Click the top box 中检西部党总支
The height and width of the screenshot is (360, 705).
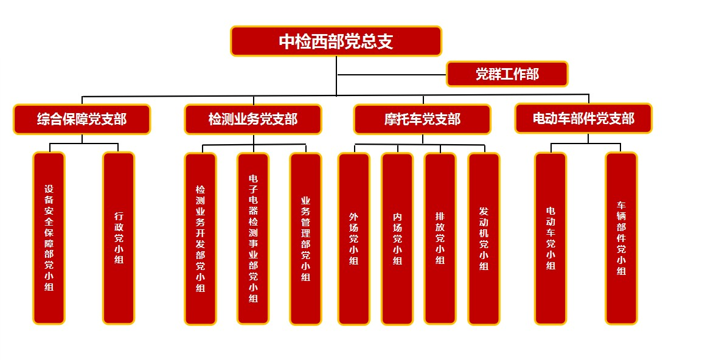coord(336,41)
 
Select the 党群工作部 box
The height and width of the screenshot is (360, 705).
coord(507,74)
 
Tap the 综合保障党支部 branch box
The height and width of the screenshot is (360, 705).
coord(82,119)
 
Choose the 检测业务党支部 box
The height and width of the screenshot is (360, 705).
coord(252,119)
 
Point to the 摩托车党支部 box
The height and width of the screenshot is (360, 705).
coord(422,119)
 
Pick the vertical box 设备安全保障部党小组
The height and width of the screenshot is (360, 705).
coord(49,238)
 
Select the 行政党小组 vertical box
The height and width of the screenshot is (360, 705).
coord(119,238)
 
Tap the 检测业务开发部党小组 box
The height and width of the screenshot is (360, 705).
coord(200,238)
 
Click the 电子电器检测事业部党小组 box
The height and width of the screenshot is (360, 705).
coord(253,238)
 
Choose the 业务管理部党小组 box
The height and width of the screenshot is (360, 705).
coord(305,238)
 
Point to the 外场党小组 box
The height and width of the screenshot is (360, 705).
coord(353,238)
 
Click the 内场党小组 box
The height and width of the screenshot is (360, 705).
coord(397,238)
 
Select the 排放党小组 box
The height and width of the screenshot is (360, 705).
coord(440,238)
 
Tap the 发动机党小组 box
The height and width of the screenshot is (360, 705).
coord(484,238)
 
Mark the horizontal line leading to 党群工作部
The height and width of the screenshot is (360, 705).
coord(392,75)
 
